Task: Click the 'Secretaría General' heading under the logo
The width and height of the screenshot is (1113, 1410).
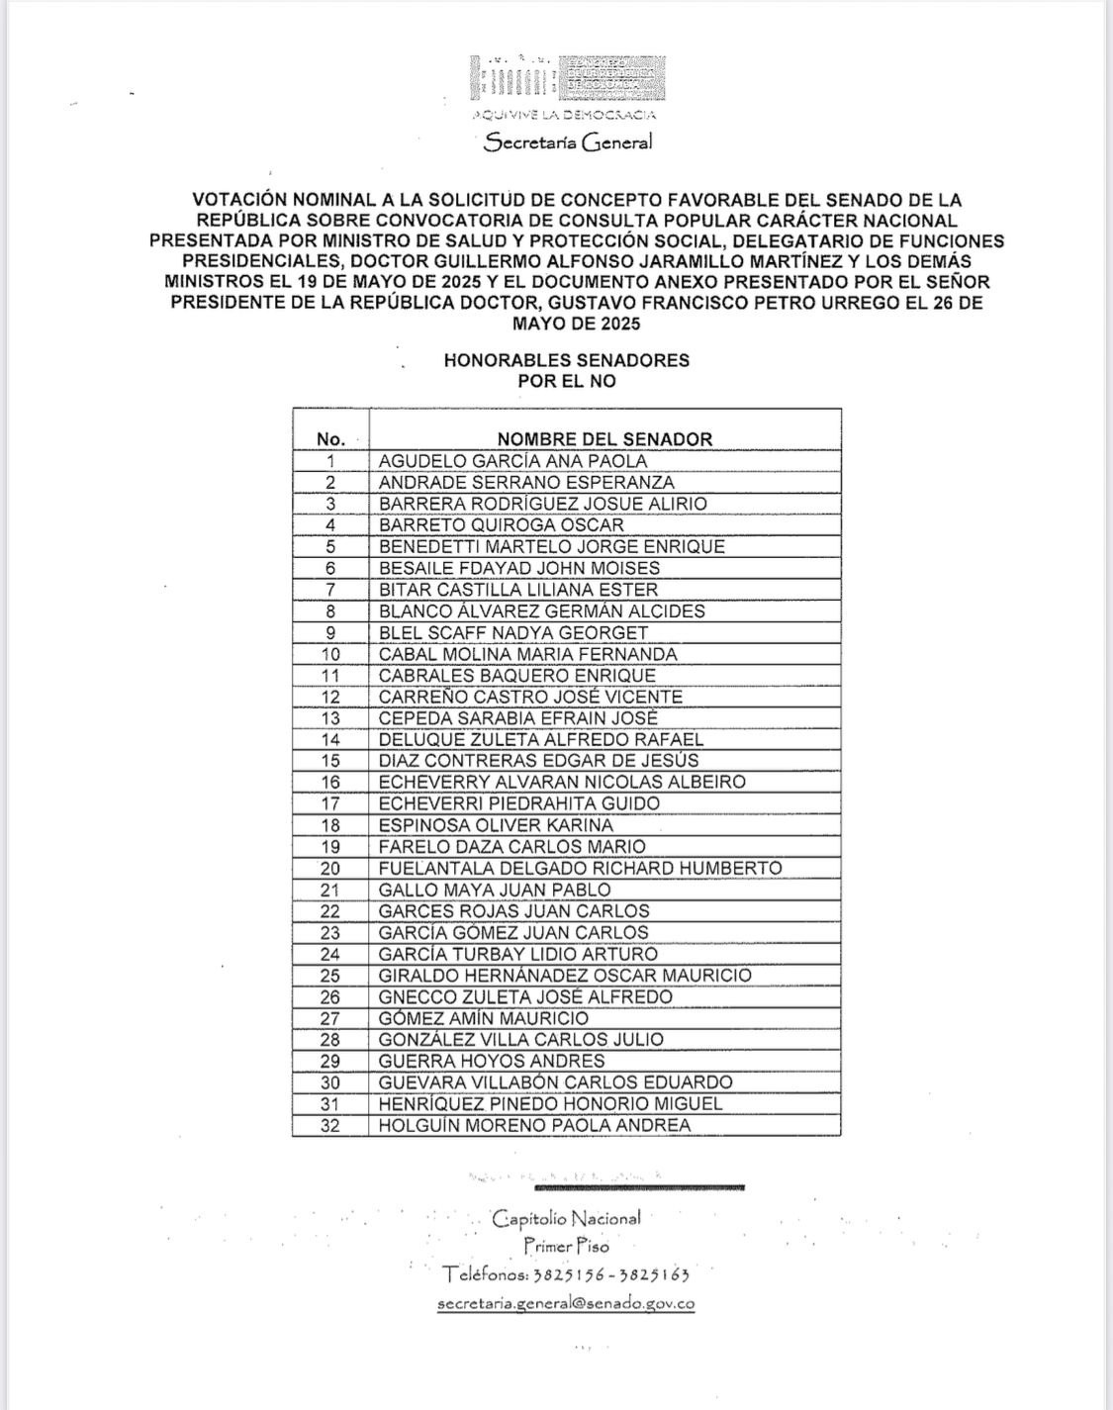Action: point(568,142)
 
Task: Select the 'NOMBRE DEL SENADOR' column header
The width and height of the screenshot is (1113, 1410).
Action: point(603,438)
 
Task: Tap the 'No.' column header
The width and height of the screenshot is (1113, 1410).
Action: point(330,438)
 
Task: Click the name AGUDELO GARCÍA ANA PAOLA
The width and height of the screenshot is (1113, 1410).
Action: point(512,461)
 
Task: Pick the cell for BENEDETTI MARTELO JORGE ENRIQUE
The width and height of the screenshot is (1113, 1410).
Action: point(551,546)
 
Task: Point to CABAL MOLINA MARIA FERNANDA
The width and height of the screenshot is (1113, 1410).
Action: point(527,654)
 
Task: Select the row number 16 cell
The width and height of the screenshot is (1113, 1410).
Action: point(330,782)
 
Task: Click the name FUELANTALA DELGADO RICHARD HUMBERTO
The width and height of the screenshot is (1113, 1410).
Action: point(580,868)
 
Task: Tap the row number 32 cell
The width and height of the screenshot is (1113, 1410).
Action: point(330,1125)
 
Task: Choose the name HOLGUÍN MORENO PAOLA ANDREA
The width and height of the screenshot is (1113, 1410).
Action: point(534,1125)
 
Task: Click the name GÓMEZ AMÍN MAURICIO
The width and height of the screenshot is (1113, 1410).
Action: point(483,1018)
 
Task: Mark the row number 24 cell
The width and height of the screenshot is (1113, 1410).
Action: point(330,954)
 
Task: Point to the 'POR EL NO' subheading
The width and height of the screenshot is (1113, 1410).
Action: point(567,381)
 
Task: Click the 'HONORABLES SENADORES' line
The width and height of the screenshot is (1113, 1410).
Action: point(567,360)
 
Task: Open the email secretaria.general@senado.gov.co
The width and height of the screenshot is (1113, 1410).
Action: point(566,1303)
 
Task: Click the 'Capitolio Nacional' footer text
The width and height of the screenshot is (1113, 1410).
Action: point(567,1218)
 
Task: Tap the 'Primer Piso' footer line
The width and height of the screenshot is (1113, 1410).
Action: point(567,1247)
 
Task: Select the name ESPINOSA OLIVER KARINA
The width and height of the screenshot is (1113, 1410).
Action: point(496,825)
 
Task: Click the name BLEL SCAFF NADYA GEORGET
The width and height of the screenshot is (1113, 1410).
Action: point(513,632)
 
